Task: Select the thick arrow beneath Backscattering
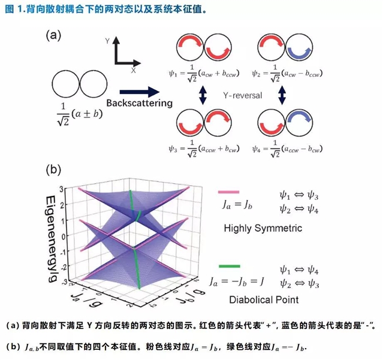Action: click(141, 92)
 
